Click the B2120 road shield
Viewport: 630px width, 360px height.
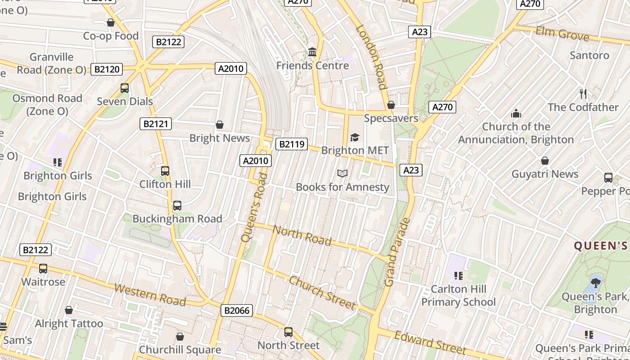(x=107, y=69)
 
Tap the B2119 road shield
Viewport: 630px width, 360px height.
(x=291, y=144)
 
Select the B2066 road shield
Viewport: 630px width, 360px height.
(x=237, y=310)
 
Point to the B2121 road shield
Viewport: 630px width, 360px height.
(x=155, y=124)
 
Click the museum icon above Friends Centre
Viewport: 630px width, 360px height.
(x=312, y=52)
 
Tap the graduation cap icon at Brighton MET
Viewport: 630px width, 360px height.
(x=355, y=137)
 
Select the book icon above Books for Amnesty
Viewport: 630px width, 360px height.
(x=342, y=173)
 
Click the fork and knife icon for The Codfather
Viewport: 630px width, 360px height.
(x=583, y=94)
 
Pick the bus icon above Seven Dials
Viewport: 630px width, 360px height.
(x=125, y=88)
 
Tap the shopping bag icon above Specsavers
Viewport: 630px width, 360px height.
(x=391, y=105)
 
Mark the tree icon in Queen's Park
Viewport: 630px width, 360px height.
(x=595, y=283)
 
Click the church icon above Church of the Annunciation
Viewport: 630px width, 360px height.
(x=516, y=113)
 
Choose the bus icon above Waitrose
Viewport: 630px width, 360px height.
(x=43, y=269)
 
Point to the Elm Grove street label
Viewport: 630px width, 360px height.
(x=562, y=34)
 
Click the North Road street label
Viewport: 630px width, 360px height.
(x=302, y=236)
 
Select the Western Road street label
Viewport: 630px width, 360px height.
(x=150, y=295)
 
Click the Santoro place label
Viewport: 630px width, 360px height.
(x=589, y=55)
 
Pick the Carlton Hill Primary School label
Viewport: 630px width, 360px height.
(x=458, y=295)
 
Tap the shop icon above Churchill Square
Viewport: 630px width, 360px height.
(x=180, y=337)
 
